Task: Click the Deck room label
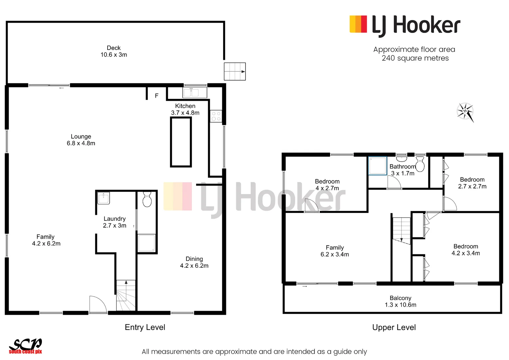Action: (114, 51)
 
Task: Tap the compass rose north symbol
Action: (465, 111)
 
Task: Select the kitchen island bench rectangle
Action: (181, 142)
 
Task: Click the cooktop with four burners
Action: (216, 116)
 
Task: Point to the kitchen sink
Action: (195, 92)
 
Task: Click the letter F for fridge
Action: (157, 96)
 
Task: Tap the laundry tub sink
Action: (103, 198)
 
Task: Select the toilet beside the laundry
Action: (147, 199)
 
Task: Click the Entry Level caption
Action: (145, 327)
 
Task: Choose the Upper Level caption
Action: (394, 327)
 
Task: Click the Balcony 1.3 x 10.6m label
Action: (400, 301)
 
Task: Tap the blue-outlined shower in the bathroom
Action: (377, 166)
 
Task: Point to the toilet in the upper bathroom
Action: (420, 164)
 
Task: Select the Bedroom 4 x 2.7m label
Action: (327, 185)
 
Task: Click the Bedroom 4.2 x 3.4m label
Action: (466, 250)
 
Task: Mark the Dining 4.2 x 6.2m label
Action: (194, 262)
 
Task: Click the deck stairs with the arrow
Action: (235, 71)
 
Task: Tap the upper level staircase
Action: (401, 230)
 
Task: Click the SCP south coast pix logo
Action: (25, 346)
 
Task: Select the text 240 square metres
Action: (415, 58)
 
